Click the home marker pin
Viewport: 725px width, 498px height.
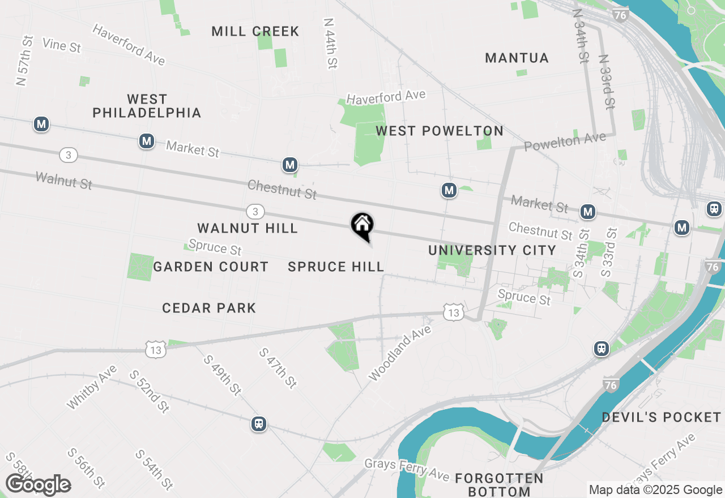[362, 225]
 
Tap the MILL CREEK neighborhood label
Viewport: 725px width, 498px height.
[255, 31]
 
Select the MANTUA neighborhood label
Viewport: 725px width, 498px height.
[517, 58]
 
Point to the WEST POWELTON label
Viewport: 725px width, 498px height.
[440, 131]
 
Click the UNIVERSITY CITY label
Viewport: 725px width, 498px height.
[492, 250]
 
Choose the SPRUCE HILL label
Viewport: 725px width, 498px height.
[336, 267]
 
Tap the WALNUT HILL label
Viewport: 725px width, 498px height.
[248, 228]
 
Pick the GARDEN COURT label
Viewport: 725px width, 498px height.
[211, 267]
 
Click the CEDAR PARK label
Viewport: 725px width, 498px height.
[209, 308]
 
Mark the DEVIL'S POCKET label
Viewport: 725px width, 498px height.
[661, 417]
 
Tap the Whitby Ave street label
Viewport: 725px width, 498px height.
[91, 387]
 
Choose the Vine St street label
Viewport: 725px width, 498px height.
[61, 45]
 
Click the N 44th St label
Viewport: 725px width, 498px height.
[330, 43]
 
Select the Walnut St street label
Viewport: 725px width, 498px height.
[63, 181]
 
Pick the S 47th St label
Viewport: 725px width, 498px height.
[278, 368]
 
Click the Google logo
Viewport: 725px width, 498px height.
[38, 485]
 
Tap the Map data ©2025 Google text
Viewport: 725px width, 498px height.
[655, 490]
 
